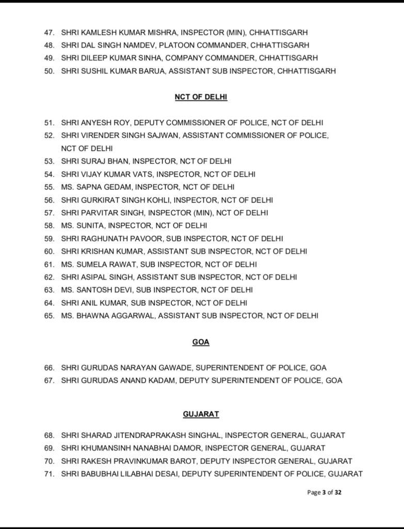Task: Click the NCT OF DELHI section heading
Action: click(201, 97)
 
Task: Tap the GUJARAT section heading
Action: click(201, 414)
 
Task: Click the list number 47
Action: click(49, 33)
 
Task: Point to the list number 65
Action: click(49, 315)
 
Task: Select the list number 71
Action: click(49, 474)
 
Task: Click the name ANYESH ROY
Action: click(109, 123)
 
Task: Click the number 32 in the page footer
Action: click(337, 492)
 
